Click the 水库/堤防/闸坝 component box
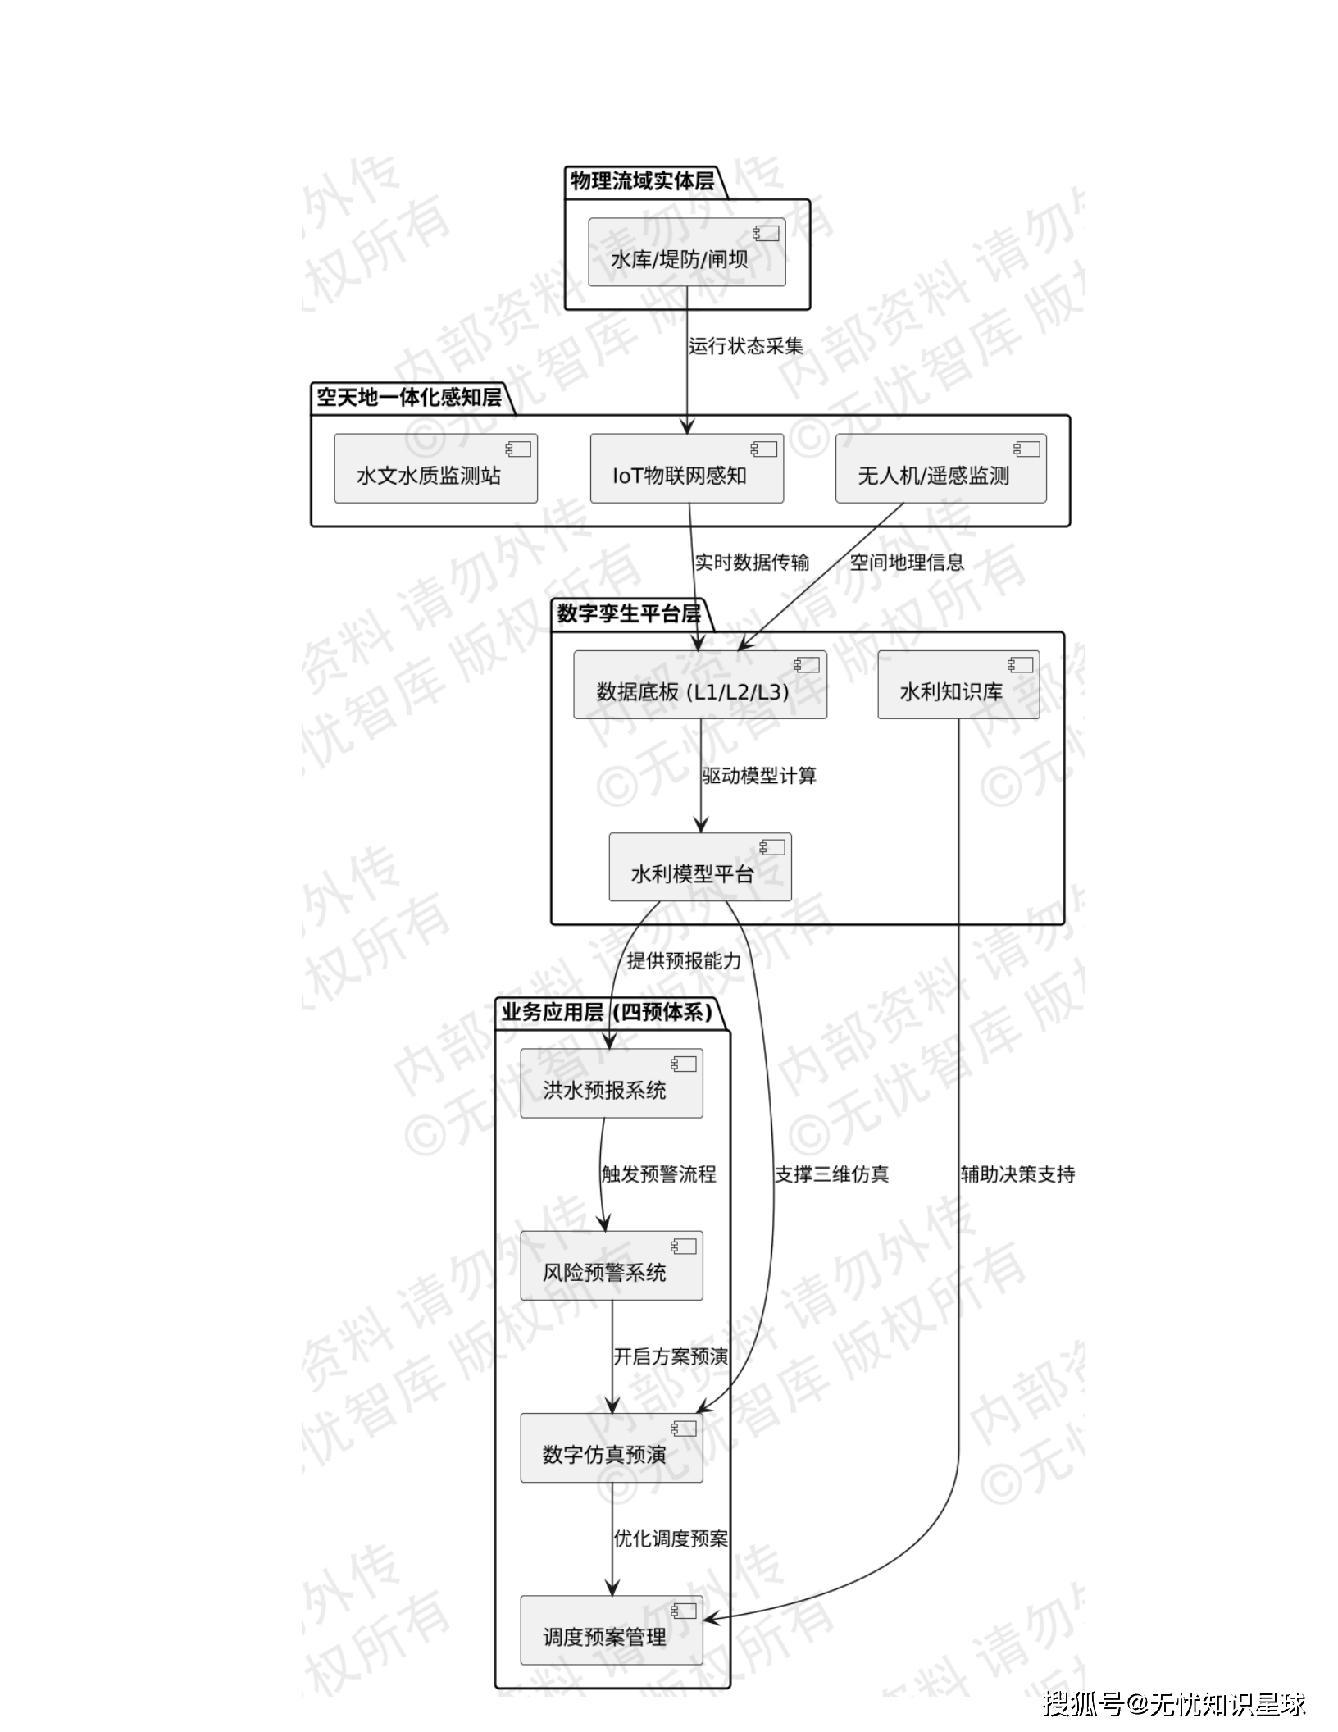(x=686, y=253)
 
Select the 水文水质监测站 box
(x=435, y=468)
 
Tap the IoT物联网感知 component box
(x=686, y=468)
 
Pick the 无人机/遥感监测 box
(x=940, y=468)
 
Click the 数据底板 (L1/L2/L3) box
(x=699, y=685)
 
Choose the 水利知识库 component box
(x=958, y=685)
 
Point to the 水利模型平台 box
(x=699, y=868)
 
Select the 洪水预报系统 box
(x=611, y=1083)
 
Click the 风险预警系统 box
(x=611, y=1265)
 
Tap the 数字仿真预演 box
(x=611, y=1448)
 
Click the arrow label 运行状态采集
(x=745, y=346)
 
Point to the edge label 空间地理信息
(x=906, y=562)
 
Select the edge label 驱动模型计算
(x=759, y=776)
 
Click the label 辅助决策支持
(x=1017, y=1174)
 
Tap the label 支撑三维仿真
(x=831, y=1174)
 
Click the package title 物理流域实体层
(x=642, y=181)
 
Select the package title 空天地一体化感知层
(x=408, y=398)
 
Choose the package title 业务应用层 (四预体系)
(x=607, y=1012)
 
